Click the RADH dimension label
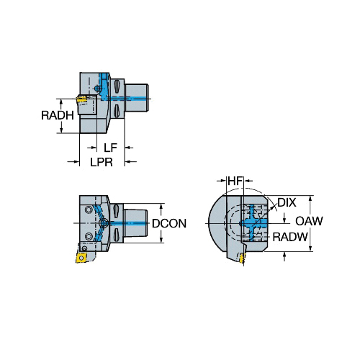tap(58, 115)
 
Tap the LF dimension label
tap(110, 148)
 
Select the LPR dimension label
tap(102, 162)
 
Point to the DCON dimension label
tap(169, 223)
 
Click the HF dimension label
tap(235, 181)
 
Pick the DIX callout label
tap(287, 203)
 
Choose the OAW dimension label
tap(309, 221)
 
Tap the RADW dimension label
tap(290, 238)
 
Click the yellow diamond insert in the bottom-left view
tap(81, 258)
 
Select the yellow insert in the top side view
tap(81, 99)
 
